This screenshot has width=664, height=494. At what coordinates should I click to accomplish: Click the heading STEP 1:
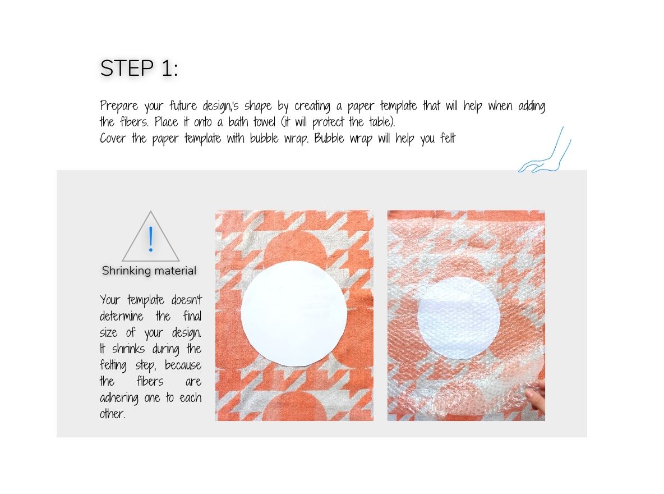click(x=139, y=68)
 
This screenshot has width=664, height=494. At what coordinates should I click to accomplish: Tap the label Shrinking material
click(x=149, y=271)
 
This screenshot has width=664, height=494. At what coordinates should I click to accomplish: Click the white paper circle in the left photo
click(x=294, y=313)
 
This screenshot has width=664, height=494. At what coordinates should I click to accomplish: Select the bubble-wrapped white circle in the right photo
click(x=459, y=318)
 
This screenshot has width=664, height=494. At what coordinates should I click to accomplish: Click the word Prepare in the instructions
click(x=119, y=106)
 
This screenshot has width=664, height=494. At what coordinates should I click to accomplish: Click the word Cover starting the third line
click(x=113, y=138)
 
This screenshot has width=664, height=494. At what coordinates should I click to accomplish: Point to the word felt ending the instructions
click(x=448, y=138)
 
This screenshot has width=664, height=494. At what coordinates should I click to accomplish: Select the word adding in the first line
click(x=532, y=106)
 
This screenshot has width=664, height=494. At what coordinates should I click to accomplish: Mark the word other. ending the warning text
click(x=113, y=414)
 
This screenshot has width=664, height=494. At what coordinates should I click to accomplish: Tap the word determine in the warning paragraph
click(x=122, y=317)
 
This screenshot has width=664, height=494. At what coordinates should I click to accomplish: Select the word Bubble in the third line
click(x=329, y=138)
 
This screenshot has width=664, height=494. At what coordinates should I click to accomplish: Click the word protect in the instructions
click(x=328, y=122)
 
